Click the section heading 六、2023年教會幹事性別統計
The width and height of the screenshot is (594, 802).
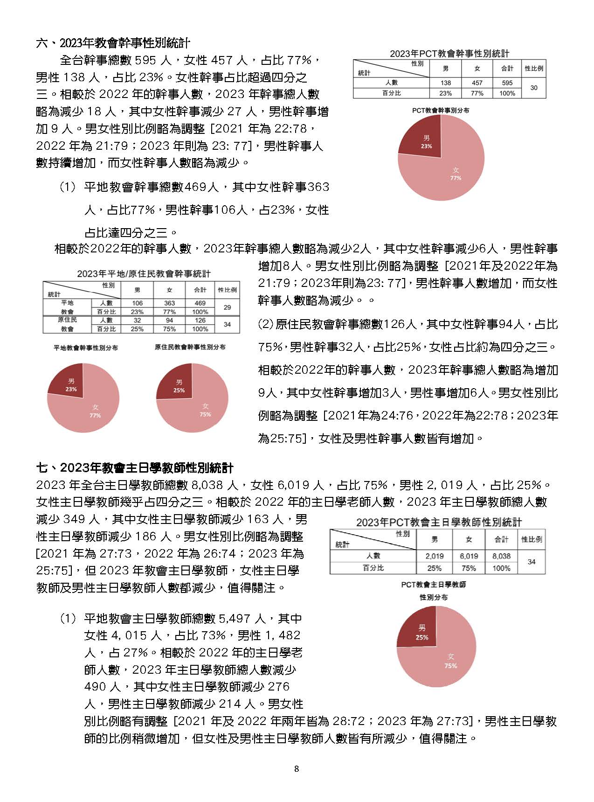(x=113, y=43)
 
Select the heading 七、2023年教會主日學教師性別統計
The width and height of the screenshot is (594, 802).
(x=135, y=468)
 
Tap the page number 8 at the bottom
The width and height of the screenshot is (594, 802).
(x=297, y=769)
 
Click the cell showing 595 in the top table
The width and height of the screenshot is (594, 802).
(x=507, y=83)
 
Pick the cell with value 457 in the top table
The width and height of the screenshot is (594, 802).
(x=477, y=83)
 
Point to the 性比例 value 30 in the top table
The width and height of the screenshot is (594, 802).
(x=534, y=88)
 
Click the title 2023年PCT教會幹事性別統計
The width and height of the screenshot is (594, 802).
(x=449, y=54)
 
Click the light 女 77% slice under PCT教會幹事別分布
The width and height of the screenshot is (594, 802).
(x=450, y=175)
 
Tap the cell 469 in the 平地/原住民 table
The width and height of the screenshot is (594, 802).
(x=200, y=303)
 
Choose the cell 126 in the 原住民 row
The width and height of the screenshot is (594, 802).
(x=200, y=321)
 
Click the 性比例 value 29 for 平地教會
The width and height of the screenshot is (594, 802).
(x=227, y=307)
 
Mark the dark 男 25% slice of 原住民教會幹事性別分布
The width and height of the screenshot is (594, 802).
(x=178, y=384)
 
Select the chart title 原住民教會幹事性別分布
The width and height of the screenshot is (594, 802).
(x=190, y=347)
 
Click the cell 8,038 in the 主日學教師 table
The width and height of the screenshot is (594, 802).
(x=501, y=556)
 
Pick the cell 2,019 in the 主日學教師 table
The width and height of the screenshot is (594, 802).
(x=434, y=556)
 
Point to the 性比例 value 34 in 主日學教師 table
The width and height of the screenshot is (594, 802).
(x=532, y=562)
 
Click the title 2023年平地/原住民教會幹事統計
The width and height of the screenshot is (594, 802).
(x=144, y=274)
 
